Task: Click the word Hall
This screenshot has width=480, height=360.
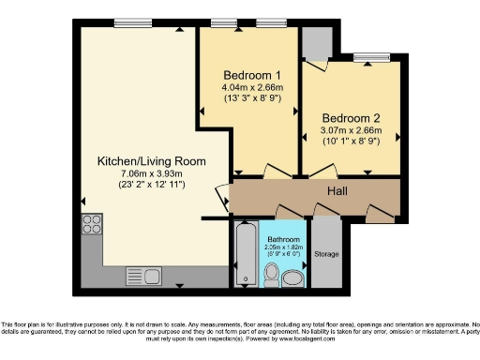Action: coord(338,192)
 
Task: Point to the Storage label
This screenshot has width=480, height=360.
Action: coord(326,253)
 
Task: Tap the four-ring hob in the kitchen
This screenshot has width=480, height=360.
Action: coord(92,223)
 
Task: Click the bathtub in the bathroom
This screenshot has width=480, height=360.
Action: coord(245,253)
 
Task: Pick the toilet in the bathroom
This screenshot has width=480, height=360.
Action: coord(270,274)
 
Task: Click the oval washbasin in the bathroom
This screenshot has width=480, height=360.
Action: coord(293,277)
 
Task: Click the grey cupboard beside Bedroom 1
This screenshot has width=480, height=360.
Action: coord(315,42)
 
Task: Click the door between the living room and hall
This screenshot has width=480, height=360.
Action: coord(223,198)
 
